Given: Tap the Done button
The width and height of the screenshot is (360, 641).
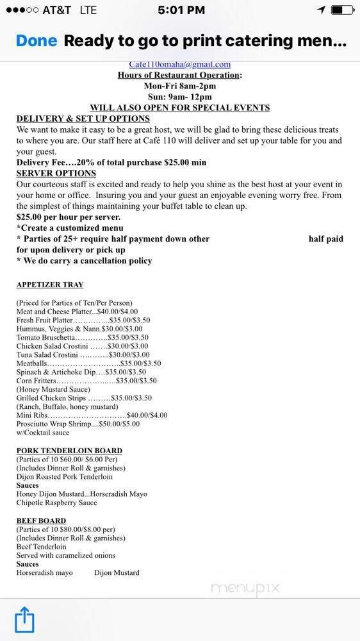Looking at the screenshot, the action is pos(36,42).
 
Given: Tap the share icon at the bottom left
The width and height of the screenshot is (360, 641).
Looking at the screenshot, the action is pos(24,621).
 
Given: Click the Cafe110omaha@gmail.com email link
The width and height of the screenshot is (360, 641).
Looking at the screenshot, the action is pos(179,64).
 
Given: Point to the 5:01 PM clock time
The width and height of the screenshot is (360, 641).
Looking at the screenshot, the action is pos(181,10).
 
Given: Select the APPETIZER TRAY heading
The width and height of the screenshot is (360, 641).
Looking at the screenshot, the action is pos(50,285).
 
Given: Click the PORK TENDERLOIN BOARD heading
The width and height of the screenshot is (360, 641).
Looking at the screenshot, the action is pos(69,451).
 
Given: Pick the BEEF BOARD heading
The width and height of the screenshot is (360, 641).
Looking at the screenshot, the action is pos(41,520).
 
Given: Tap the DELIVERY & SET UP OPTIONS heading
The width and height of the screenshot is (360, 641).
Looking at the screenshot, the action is pos(83,119).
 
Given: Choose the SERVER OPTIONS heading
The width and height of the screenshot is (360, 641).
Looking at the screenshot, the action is pos(56,173).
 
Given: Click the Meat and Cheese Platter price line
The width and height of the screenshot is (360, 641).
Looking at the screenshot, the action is pos(77,312).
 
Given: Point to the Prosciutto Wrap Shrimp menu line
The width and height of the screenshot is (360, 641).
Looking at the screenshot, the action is pos(78,424).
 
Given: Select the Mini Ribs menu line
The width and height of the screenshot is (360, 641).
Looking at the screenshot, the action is pos(92,415).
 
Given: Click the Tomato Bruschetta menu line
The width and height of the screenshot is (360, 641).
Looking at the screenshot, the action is pos(82,337).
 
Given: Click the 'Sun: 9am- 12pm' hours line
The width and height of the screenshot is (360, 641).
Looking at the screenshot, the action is pos(179,97).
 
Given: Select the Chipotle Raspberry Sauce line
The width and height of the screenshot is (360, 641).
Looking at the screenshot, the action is pos(56,503).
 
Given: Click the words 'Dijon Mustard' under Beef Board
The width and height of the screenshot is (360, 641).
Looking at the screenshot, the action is pos(116,572).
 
